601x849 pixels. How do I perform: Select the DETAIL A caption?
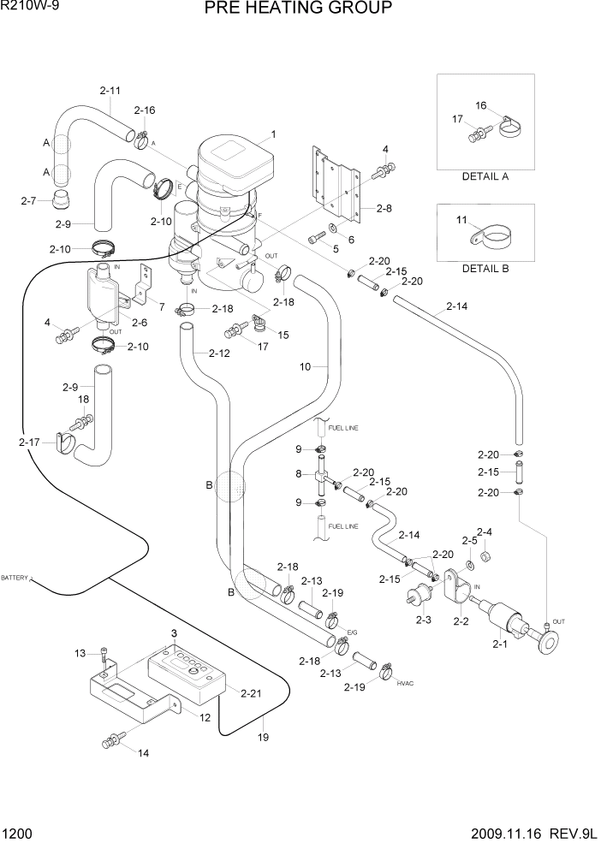click(x=485, y=176)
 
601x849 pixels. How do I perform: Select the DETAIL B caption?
click(x=485, y=268)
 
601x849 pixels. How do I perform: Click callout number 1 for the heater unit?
click(x=273, y=134)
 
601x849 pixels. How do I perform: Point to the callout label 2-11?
click(x=110, y=90)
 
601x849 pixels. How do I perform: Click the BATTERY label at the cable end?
click(x=15, y=579)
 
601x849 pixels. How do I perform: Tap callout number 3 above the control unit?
click(x=174, y=632)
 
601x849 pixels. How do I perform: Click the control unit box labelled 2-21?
click(x=187, y=673)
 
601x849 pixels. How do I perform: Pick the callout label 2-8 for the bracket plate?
click(x=383, y=207)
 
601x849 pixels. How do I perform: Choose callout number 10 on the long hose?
click(x=303, y=367)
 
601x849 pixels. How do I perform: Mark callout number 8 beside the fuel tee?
click(x=298, y=473)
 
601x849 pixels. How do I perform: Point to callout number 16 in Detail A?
click(x=481, y=105)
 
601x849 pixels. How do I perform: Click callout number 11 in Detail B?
click(x=462, y=220)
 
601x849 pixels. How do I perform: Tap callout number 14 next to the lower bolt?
click(x=143, y=753)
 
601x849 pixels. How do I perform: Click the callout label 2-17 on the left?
click(x=28, y=442)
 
